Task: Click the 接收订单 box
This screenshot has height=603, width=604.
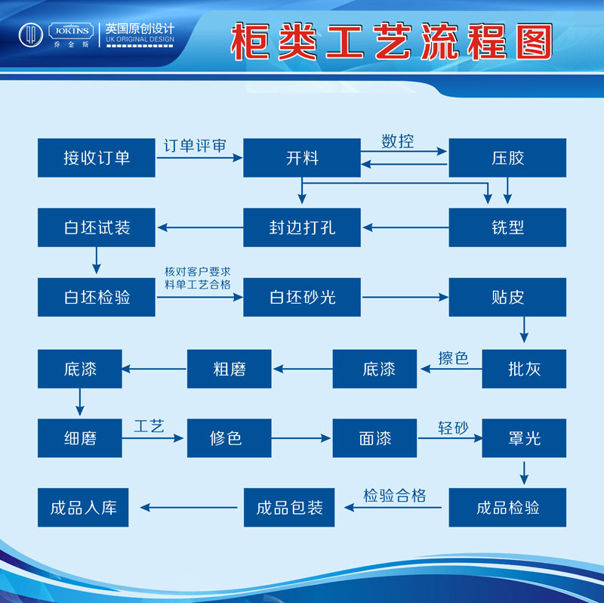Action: tap(97, 158)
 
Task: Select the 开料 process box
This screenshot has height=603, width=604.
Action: tap(302, 158)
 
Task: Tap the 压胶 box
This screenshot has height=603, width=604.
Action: tap(507, 158)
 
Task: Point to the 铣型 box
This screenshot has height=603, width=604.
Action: tap(507, 227)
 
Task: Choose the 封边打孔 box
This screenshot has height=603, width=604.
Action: tap(302, 227)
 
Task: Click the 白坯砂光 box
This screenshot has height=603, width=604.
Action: tap(302, 297)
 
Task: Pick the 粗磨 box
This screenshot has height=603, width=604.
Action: tap(230, 369)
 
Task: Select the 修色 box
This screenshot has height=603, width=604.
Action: tap(230, 438)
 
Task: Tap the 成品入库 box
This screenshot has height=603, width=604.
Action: tap(83, 507)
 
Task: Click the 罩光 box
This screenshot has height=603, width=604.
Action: tap(524, 438)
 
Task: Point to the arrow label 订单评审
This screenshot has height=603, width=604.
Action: tap(195, 146)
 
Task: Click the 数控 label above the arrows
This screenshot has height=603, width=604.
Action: tap(398, 141)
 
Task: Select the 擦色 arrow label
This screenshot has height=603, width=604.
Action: tap(453, 358)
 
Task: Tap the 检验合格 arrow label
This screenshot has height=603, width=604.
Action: tap(394, 496)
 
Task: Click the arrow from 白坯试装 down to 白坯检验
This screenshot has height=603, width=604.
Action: tap(97, 261)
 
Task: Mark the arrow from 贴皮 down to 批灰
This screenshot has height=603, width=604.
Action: tap(524, 329)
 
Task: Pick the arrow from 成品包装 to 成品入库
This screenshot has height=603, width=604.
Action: tap(189, 507)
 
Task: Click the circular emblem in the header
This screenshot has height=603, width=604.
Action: tap(31, 35)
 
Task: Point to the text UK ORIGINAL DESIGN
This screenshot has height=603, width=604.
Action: tap(140, 39)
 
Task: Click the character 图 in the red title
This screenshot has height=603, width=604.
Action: tap(535, 42)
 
